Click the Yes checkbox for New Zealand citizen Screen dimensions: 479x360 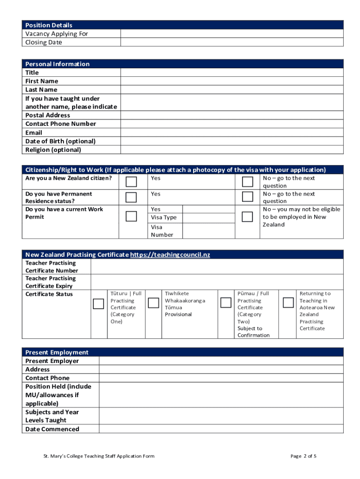[x=131, y=181]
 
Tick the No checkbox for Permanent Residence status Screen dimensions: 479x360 [x=247, y=197]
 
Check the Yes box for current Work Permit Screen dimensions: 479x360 [x=131, y=216]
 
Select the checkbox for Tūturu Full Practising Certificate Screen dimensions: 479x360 [x=99, y=304]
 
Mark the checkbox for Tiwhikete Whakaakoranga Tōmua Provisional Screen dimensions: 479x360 [x=153, y=303]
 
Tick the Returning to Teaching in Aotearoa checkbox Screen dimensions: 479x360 [x=288, y=302]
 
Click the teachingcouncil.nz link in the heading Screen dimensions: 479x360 [x=170, y=254]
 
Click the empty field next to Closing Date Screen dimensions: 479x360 [x=231, y=42]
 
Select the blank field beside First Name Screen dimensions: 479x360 [x=231, y=81]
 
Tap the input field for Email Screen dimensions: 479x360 [x=231, y=132]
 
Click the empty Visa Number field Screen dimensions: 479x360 [x=208, y=231]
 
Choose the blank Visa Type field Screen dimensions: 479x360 [x=208, y=218]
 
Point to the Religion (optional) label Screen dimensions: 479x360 [x=53, y=150]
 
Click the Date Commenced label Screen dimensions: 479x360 [x=52, y=429]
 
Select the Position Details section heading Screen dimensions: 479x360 [x=49, y=25]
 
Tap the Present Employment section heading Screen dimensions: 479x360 [x=57, y=352]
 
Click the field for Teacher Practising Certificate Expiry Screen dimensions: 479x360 [x=216, y=282]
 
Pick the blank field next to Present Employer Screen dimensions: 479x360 [x=221, y=361]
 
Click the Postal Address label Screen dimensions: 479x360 [x=48, y=115]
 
